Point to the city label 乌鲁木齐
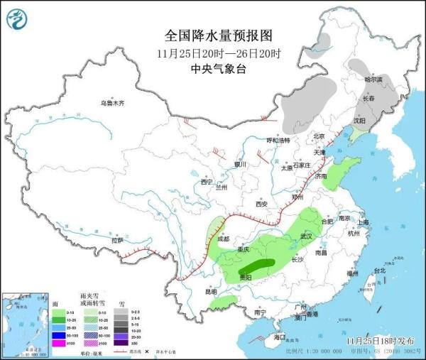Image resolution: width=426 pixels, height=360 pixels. pos(112,104)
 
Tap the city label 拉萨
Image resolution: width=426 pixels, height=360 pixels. pos(117,241)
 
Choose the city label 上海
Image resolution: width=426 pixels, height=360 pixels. pos(364,222)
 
